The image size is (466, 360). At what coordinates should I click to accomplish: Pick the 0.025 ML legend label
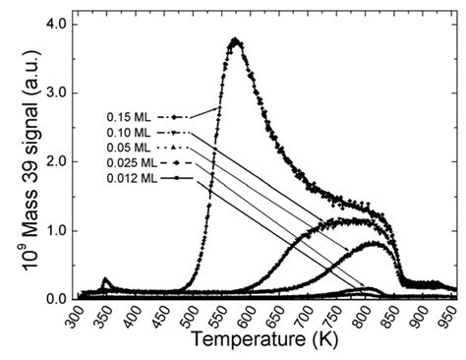tap(130, 162)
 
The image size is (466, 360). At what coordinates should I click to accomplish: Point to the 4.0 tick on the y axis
tap(57, 23)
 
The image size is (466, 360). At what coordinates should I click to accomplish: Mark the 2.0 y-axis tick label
tap(57, 160)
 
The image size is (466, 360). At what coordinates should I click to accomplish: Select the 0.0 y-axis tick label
tap(57, 297)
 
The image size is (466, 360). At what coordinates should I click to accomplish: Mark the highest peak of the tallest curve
tap(235, 40)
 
